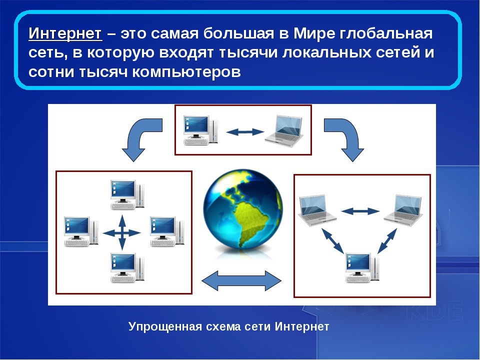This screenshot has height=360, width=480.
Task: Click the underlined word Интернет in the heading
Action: pos(65,33)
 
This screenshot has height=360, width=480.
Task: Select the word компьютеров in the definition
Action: pos(186,72)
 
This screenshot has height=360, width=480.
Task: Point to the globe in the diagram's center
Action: pos(243,209)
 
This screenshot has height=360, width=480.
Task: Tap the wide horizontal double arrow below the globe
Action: pos(241,280)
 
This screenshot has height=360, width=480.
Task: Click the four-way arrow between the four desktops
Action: pos(122,233)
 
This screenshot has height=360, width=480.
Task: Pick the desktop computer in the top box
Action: pos(201,130)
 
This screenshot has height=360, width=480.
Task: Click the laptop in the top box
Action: pos(284,129)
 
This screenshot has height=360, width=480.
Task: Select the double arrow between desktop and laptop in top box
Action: pos(245,132)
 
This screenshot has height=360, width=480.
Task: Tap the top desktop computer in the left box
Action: pos(127,194)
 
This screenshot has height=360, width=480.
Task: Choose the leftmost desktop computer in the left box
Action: pos(81,231)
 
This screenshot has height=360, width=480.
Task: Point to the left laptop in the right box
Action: pos(317,210)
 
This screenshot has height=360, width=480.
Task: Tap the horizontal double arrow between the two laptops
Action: pos(360,211)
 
